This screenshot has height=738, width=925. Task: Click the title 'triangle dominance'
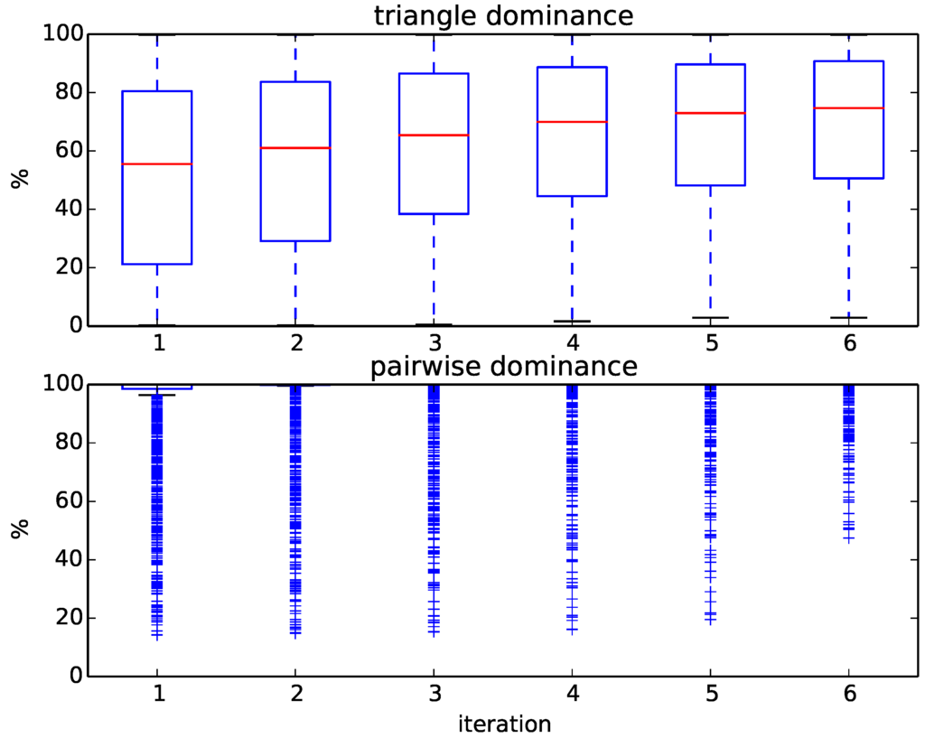503,15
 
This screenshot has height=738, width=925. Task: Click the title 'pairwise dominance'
503,367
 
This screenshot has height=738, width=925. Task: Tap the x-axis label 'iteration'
504,724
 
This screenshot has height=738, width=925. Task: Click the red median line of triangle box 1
157,163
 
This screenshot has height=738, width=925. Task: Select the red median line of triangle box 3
434,135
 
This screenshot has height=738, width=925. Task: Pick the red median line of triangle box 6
848,107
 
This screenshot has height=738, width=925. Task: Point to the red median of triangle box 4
572,121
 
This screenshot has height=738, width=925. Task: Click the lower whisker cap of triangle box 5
710,317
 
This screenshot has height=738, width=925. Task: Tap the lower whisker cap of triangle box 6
848,317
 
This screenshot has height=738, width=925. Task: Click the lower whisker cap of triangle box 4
572,321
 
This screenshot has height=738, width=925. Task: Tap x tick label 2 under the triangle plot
295,344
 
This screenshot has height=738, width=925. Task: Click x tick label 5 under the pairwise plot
710,696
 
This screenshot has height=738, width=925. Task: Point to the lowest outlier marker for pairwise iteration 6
848,539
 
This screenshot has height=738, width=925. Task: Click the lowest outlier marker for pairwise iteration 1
157,636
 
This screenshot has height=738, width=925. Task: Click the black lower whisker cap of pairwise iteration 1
157,395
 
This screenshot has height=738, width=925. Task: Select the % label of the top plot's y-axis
20,178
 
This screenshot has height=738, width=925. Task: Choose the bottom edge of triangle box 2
295,240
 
